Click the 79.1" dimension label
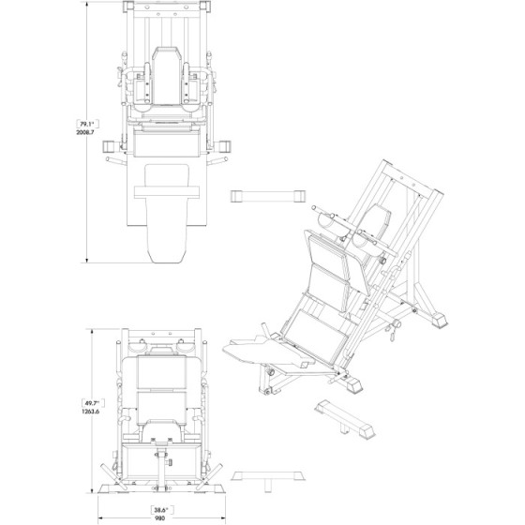[x=87, y=124]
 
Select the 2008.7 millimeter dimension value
[x=85, y=132]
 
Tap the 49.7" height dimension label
[x=93, y=403]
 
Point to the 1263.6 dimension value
[x=90, y=412]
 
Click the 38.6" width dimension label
[x=161, y=510]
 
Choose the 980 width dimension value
[x=159, y=518]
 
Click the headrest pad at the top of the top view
[x=166, y=75]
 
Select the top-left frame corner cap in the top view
[x=128, y=7]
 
